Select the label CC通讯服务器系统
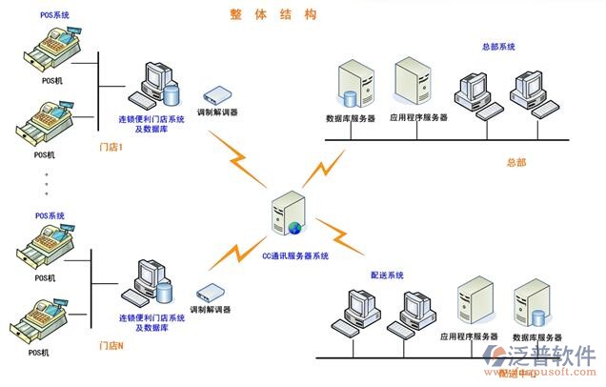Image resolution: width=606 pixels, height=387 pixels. tap(295, 255)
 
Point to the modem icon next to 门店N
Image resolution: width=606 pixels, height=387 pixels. tap(212, 293)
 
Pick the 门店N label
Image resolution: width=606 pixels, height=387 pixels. tap(111, 344)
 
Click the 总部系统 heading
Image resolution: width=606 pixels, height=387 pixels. tap(497, 46)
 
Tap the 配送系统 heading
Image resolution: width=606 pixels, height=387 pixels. tap(388, 275)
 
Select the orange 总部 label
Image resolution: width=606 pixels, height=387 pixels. tap(516, 163)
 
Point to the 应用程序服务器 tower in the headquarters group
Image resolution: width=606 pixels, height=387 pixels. tap(414, 82)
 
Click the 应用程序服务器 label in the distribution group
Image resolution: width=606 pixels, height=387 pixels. tap(469, 336)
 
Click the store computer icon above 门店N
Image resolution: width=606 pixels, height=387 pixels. tap(151, 282)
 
